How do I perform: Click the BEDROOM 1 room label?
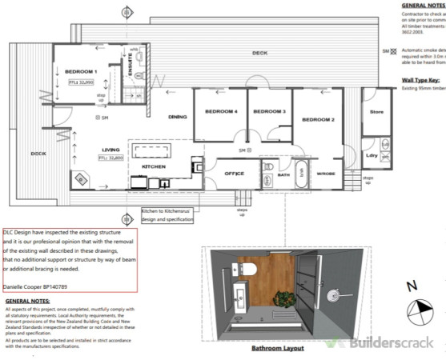pyautogui.click(x=80, y=71)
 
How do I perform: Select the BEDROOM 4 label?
pyautogui.click(x=221, y=111)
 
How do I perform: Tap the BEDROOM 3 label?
pyautogui.click(x=269, y=111)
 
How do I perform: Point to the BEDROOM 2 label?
pyautogui.click(x=317, y=119)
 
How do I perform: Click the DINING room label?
pyautogui.click(x=177, y=116)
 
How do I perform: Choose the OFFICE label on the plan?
pyautogui.click(x=234, y=172)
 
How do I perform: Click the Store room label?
pyautogui.click(x=376, y=111)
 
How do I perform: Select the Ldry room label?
pyautogui.click(x=371, y=153)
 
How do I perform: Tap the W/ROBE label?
pyautogui.click(x=326, y=172)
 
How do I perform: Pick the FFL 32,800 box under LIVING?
pyautogui.click(x=112, y=158)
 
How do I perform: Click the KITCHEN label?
pyautogui.click(x=154, y=189)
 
